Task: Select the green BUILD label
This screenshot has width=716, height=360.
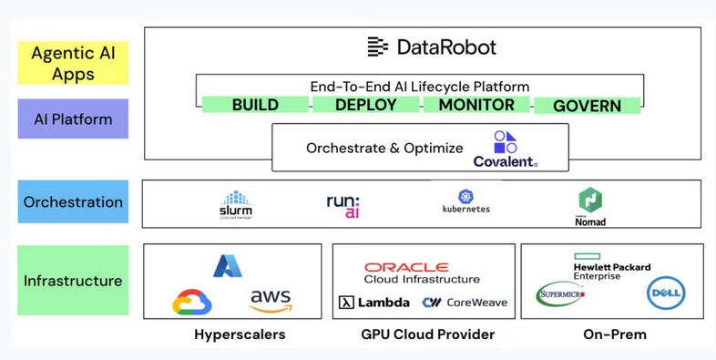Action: click(x=255, y=105)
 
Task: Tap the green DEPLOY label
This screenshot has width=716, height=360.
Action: click(x=365, y=105)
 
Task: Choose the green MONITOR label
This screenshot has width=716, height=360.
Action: click(x=476, y=105)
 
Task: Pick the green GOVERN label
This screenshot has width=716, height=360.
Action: click(x=587, y=106)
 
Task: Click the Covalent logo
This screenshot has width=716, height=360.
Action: click(x=505, y=149)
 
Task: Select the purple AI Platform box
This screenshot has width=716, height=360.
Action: click(x=73, y=119)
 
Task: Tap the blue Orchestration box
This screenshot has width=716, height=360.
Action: click(x=73, y=202)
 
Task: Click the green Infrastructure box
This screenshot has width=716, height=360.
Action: click(x=73, y=281)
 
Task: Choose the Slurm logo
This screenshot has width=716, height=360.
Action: click(x=236, y=204)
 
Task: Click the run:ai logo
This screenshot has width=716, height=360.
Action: click(x=343, y=205)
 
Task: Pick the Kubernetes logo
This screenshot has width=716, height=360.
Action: click(x=465, y=202)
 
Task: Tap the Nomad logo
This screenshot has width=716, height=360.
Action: click(x=590, y=205)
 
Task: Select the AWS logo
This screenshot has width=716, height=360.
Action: click(x=271, y=300)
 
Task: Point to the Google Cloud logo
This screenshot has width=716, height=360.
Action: click(x=192, y=302)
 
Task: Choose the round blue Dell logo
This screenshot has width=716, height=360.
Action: click(x=665, y=293)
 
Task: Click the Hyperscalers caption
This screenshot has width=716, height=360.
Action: click(x=240, y=334)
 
